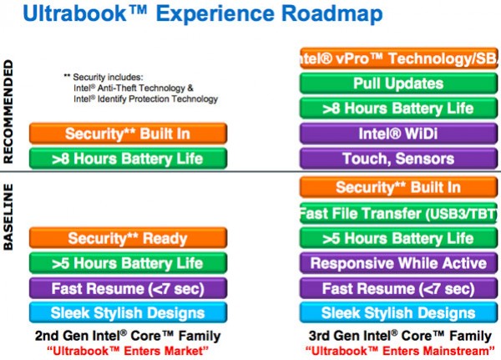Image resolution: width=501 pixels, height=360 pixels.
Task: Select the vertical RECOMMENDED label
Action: pyautogui.click(x=10, y=109)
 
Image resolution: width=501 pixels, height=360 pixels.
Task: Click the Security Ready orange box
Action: pyautogui.click(x=116, y=238)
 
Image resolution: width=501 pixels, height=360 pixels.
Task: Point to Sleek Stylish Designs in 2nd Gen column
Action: pyautogui.click(x=116, y=313)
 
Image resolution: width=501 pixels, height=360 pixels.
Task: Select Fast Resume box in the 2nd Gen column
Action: pyautogui.click(x=116, y=288)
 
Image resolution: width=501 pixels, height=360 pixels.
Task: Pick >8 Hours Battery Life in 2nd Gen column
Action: pyautogui.click(x=116, y=158)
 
